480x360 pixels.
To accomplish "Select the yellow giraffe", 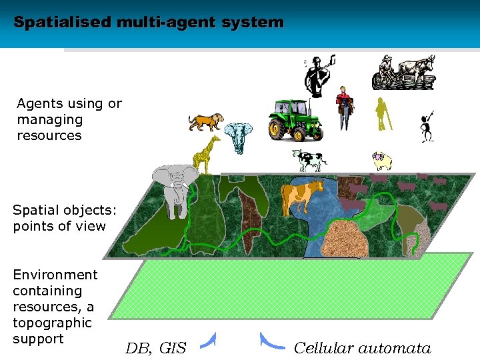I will click(x=206, y=154).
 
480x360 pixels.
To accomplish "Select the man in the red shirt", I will click(x=344, y=107).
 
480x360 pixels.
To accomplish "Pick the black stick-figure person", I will click(x=427, y=127).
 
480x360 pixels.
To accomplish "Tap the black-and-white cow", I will click(x=309, y=161).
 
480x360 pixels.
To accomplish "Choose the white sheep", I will click(x=382, y=161).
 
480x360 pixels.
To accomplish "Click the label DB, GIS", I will click(x=156, y=347).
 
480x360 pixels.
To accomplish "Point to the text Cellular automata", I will click(x=362, y=347).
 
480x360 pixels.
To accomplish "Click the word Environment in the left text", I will click(x=55, y=275).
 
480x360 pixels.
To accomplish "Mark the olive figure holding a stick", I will click(x=383, y=114).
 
